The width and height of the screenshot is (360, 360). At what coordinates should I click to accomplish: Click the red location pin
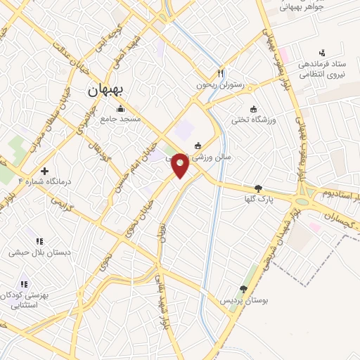(180, 166)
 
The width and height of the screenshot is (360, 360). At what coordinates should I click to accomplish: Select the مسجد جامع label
(120, 120)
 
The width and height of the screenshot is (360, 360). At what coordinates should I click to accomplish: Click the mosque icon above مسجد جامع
(120, 109)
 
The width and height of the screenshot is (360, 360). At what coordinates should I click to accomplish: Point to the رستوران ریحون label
(221, 85)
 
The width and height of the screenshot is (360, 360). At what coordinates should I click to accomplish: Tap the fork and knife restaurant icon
(221, 73)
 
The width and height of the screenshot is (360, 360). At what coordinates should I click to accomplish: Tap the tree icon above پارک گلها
(259, 188)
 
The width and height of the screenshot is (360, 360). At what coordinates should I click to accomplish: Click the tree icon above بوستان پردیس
(243, 288)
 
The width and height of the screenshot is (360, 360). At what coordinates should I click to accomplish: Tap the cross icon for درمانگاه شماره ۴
(45, 171)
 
